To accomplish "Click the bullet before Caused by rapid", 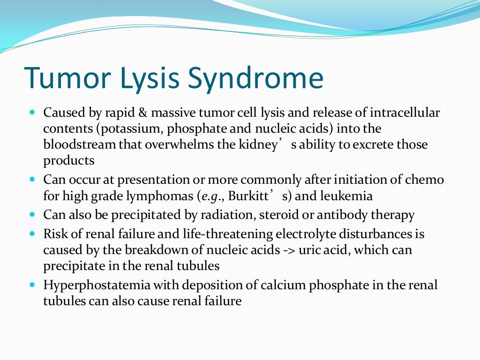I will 32,113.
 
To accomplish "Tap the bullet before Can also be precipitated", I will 32,215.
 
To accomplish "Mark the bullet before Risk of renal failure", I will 32,233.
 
